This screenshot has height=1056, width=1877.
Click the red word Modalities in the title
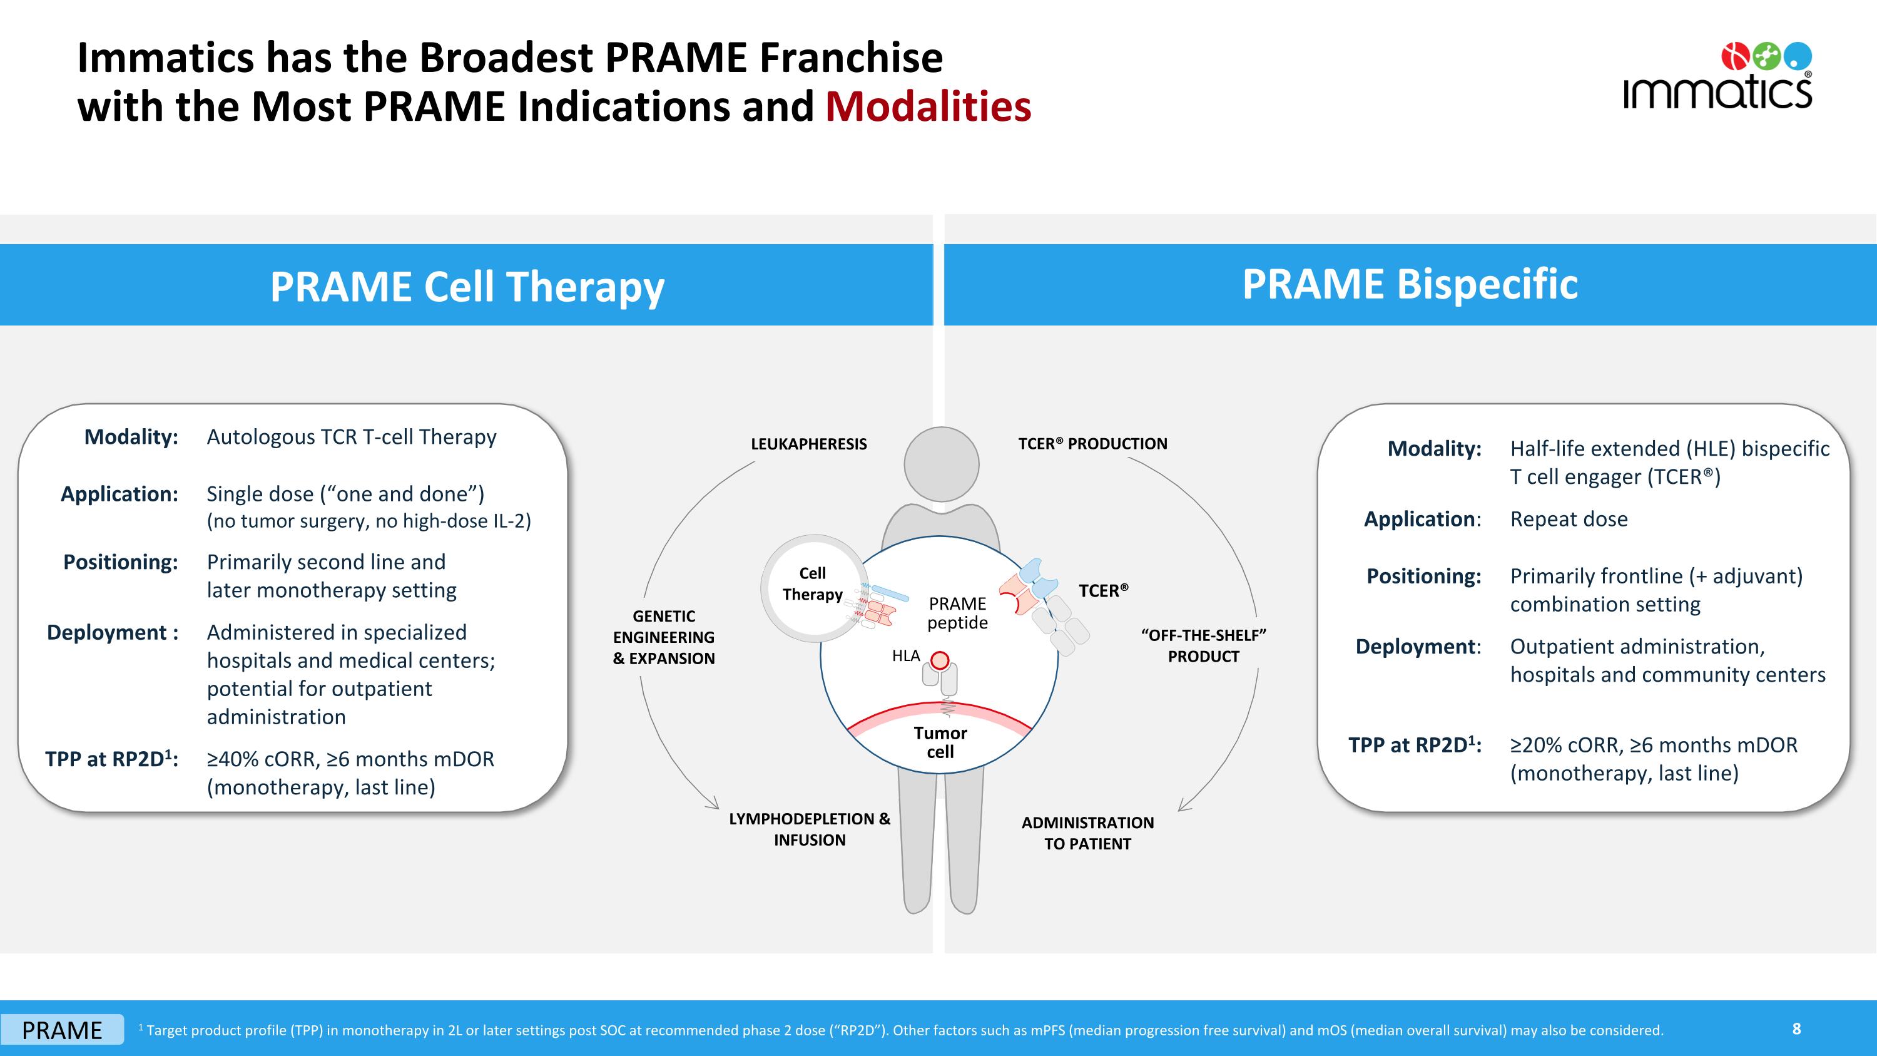pos(928,106)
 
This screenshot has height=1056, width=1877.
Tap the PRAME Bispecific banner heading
pos(1410,284)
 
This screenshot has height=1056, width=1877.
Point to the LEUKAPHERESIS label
pos(809,444)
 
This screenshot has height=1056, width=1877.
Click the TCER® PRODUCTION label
pos(1092,444)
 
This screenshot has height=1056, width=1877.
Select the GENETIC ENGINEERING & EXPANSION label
pos(664,637)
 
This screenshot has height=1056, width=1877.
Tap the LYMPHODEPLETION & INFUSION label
pos(810,829)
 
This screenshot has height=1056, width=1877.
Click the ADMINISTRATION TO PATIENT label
pos(1087,833)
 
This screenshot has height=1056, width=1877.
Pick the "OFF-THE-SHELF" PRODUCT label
pos(1203,646)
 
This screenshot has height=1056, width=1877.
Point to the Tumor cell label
pos(940,742)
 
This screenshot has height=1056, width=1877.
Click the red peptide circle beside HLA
pos(940,660)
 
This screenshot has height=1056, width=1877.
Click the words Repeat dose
pos(1569,519)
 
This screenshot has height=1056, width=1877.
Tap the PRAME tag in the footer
pos(62,1030)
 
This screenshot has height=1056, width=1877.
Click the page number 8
pos(1796,1028)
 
